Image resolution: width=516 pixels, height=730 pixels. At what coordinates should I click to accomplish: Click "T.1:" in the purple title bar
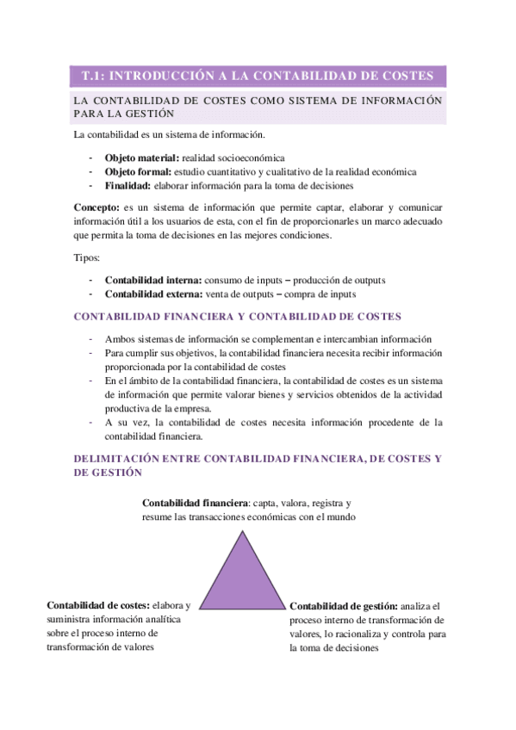tap(91, 76)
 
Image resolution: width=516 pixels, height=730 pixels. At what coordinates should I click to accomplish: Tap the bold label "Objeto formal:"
tap(139, 171)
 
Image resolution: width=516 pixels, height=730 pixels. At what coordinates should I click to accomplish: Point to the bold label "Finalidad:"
tap(128, 185)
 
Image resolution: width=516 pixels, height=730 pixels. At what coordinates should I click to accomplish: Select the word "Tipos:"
tap(87, 257)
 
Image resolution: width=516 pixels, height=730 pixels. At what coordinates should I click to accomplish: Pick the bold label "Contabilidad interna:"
tap(153, 280)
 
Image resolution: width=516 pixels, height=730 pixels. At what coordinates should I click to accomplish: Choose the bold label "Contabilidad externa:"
tap(153, 294)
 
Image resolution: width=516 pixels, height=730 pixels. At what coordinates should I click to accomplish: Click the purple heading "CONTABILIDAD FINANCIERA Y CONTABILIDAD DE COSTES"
tap(237, 317)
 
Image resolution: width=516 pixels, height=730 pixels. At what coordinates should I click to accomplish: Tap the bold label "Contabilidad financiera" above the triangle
tap(195, 503)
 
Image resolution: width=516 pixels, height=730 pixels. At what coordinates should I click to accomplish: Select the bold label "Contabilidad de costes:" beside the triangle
tap(99, 605)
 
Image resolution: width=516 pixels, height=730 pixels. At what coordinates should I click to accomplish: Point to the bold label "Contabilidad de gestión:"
tap(344, 606)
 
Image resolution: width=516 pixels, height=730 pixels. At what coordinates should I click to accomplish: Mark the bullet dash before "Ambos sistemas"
tap(90, 339)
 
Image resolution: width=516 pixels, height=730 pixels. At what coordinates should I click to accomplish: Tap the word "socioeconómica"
tap(252, 158)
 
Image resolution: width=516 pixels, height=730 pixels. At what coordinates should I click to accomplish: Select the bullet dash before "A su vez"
tap(90, 422)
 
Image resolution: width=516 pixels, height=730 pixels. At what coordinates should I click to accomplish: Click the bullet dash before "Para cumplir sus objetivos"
tap(90, 353)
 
